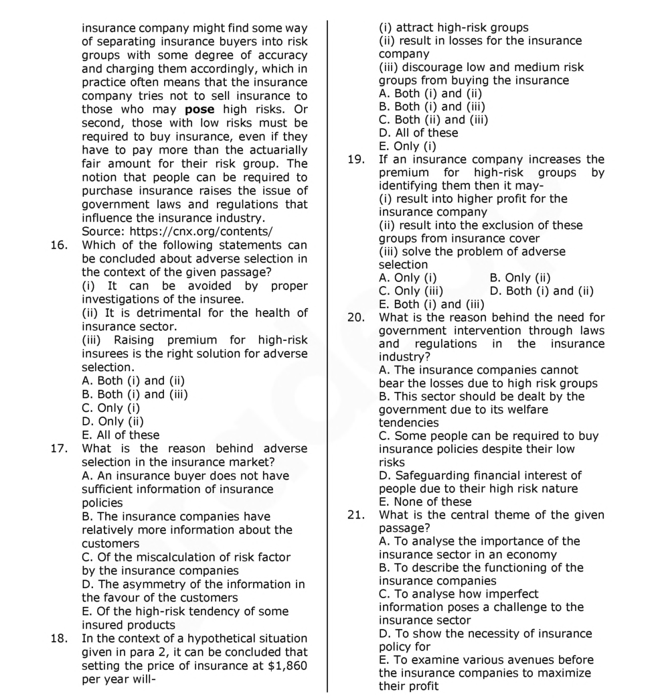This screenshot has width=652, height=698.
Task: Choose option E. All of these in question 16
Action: tap(120, 435)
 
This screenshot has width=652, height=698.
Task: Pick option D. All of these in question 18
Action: tap(418, 133)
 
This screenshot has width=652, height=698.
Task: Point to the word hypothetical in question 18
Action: tap(203, 638)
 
